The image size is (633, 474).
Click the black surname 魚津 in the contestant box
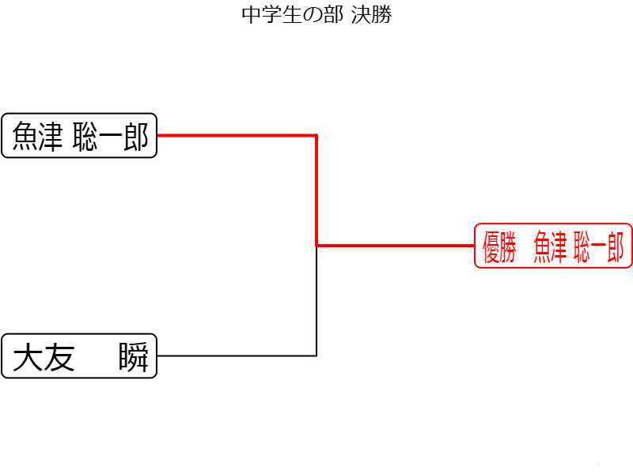pyautogui.click(x=37, y=137)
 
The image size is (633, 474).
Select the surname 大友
pyautogui.click(x=44, y=357)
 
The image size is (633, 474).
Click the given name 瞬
pyautogui.click(x=134, y=357)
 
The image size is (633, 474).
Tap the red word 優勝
pyautogui.click(x=499, y=246)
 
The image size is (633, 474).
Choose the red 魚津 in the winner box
pyautogui.click(x=550, y=246)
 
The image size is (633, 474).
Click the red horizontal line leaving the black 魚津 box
pyautogui.click(x=237, y=135)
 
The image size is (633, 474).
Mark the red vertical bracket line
pyautogui.click(x=316, y=190)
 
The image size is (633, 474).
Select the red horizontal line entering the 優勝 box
pyautogui.click(x=396, y=246)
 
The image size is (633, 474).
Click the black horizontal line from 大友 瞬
pyautogui.click(x=237, y=355)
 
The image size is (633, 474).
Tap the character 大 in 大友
pyautogui.click(x=28, y=357)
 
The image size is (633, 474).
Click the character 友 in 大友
pyautogui.click(x=59, y=357)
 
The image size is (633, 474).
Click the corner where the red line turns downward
pyautogui.click(x=316, y=135)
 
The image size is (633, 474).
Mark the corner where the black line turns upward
pyautogui.click(x=316, y=355)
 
